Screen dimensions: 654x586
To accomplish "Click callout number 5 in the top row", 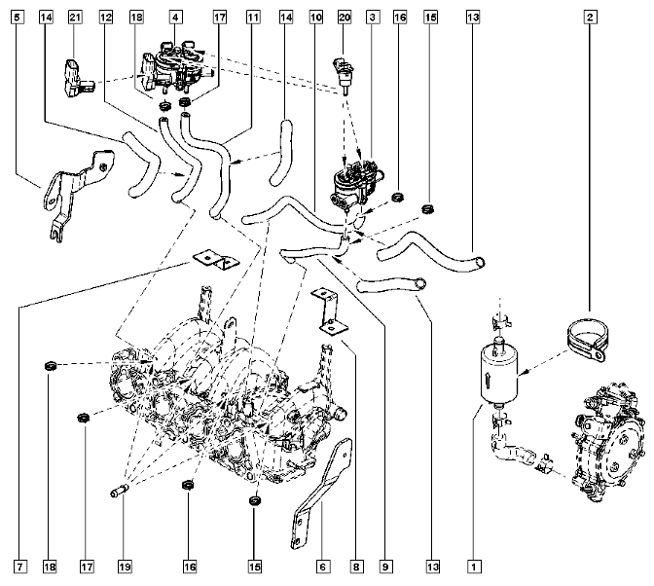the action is coord(17,18).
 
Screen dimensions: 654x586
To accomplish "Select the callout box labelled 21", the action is coord(75,18).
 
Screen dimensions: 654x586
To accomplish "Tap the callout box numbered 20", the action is coord(345,18).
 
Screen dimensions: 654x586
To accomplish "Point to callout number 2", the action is coord(590,18).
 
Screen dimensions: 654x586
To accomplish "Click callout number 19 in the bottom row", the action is coord(125,567).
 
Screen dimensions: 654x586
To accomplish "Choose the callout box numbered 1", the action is coord(473,567).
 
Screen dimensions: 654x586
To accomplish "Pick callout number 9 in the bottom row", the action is coord(385,567).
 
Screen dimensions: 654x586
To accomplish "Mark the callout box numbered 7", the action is coord(20,567).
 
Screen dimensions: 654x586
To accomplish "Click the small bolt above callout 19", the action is coord(120,491).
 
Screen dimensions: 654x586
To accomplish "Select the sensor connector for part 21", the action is coord(75,78).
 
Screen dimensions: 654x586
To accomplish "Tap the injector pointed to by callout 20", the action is coord(344,75).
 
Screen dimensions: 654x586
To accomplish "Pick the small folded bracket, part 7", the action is coord(215,260).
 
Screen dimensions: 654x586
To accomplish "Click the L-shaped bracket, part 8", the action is coord(329,311).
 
